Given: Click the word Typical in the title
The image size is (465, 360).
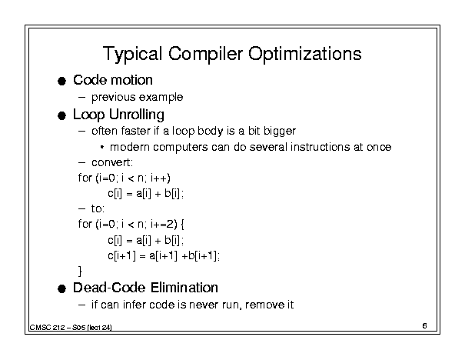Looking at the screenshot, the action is point(132,54).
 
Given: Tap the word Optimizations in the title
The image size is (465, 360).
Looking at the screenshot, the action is point(305,54).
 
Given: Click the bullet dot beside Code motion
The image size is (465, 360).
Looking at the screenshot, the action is point(61,81).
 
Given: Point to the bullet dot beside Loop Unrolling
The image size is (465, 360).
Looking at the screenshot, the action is point(61,115).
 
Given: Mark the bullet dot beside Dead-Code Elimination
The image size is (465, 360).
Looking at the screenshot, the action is point(61,288).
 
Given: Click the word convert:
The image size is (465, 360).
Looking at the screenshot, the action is point(112,162).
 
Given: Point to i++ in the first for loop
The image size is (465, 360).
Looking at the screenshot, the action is point(161,178).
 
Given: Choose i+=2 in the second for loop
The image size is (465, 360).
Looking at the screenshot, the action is point(164,224).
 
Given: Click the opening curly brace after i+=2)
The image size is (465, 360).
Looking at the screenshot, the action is point(182,225).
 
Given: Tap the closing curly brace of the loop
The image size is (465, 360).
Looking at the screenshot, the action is point(80,271).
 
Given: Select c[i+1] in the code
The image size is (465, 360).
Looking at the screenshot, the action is point(121,255).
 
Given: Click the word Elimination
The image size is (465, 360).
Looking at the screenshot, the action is point(184,288).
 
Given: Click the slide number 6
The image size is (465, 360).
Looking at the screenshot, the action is point(425,326).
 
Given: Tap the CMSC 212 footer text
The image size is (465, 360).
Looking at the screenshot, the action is point(71,328).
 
